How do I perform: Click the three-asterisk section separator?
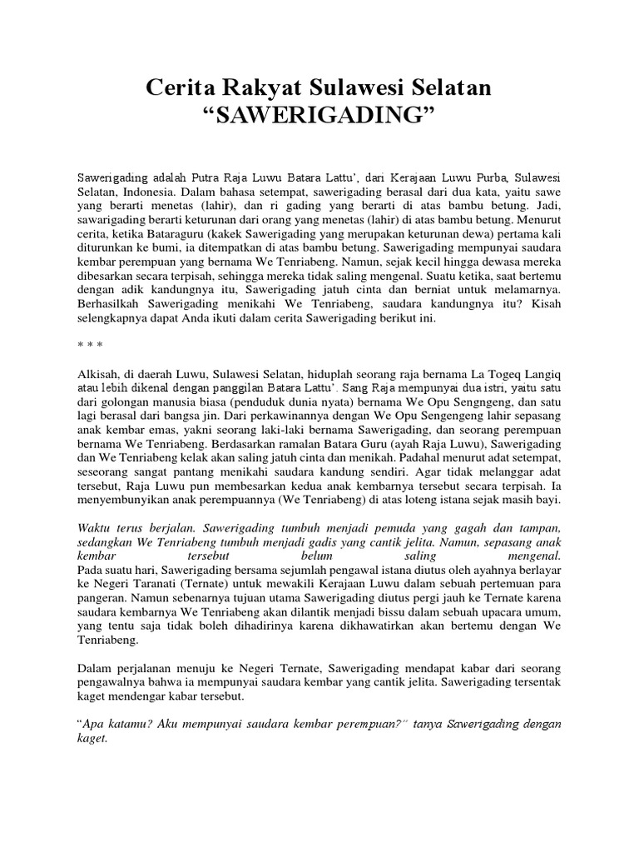[x=89, y=342]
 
